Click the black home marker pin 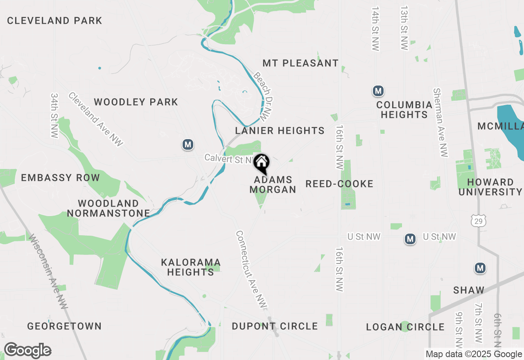tap(262, 163)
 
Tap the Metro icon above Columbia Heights tap(378, 91)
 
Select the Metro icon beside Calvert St tap(188, 144)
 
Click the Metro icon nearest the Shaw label tap(480, 268)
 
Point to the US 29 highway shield tap(478, 221)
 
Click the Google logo tap(27, 350)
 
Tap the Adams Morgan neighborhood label tap(273, 184)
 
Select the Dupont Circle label tap(275, 326)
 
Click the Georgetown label tap(64, 326)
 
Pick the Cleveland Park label tap(54, 20)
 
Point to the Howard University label tap(490, 187)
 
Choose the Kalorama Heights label tap(191, 267)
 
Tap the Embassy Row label tap(60, 178)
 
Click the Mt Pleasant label tap(300, 63)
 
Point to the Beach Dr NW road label tap(263, 95)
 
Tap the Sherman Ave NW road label tap(441, 123)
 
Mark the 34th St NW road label tap(55, 115)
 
